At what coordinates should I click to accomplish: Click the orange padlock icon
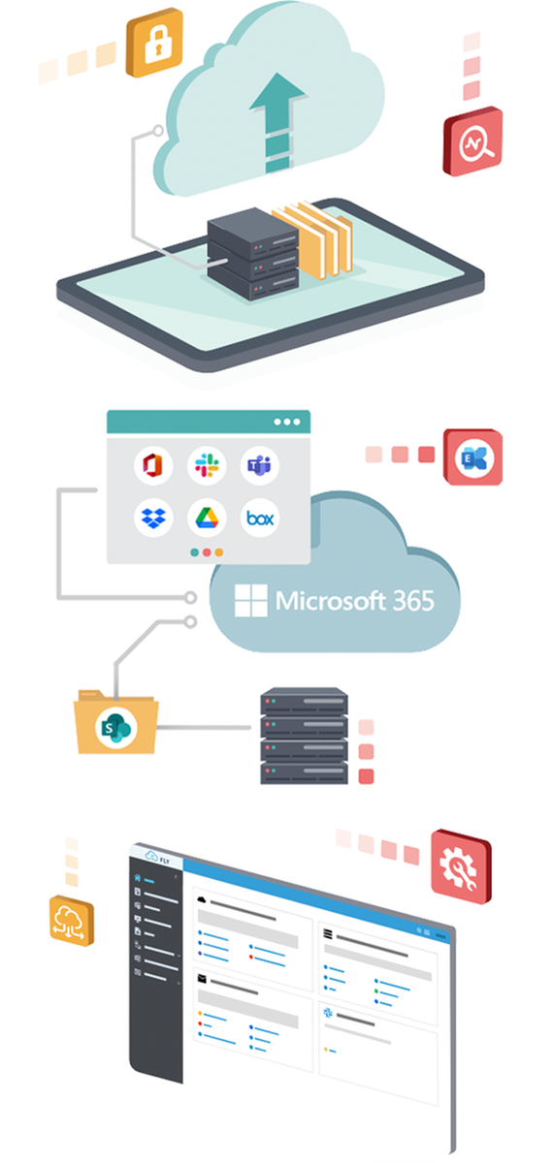pyautogui.click(x=155, y=43)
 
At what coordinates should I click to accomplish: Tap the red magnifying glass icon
pyautogui.click(x=473, y=141)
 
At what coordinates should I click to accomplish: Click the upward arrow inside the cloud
pyautogui.click(x=277, y=122)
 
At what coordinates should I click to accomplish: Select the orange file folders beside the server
pyautogui.click(x=312, y=238)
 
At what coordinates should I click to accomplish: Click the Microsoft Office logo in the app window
pyautogui.click(x=153, y=465)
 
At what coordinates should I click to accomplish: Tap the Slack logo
pyautogui.click(x=207, y=465)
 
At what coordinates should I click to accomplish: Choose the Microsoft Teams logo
pyautogui.click(x=260, y=465)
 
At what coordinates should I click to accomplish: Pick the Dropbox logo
pyautogui.click(x=153, y=518)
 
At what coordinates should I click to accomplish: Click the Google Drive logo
pyautogui.click(x=207, y=518)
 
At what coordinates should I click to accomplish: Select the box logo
pyautogui.click(x=260, y=518)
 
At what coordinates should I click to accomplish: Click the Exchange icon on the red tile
pyautogui.click(x=473, y=457)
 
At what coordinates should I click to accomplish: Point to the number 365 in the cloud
pyautogui.click(x=413, y=601)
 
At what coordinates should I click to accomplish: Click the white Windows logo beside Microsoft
pyautogui.click(x=251, y=601)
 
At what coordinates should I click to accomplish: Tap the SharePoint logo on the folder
pyautogui.click(x=115, y=728)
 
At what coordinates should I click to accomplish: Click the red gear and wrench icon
pyautogui.click(x=461, y=866)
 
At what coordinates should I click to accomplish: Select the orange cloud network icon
pyautogui.click(x=72, y=921)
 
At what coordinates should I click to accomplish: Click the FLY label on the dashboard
pyautogui.click(x=165, y=861)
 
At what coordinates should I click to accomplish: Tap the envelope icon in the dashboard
pyautogui.click(x=202, y=979)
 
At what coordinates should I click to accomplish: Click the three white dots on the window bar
pyautogui.click(x=287, y=422)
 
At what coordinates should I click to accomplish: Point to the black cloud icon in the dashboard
pyautogui.click(x=202, y=898)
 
